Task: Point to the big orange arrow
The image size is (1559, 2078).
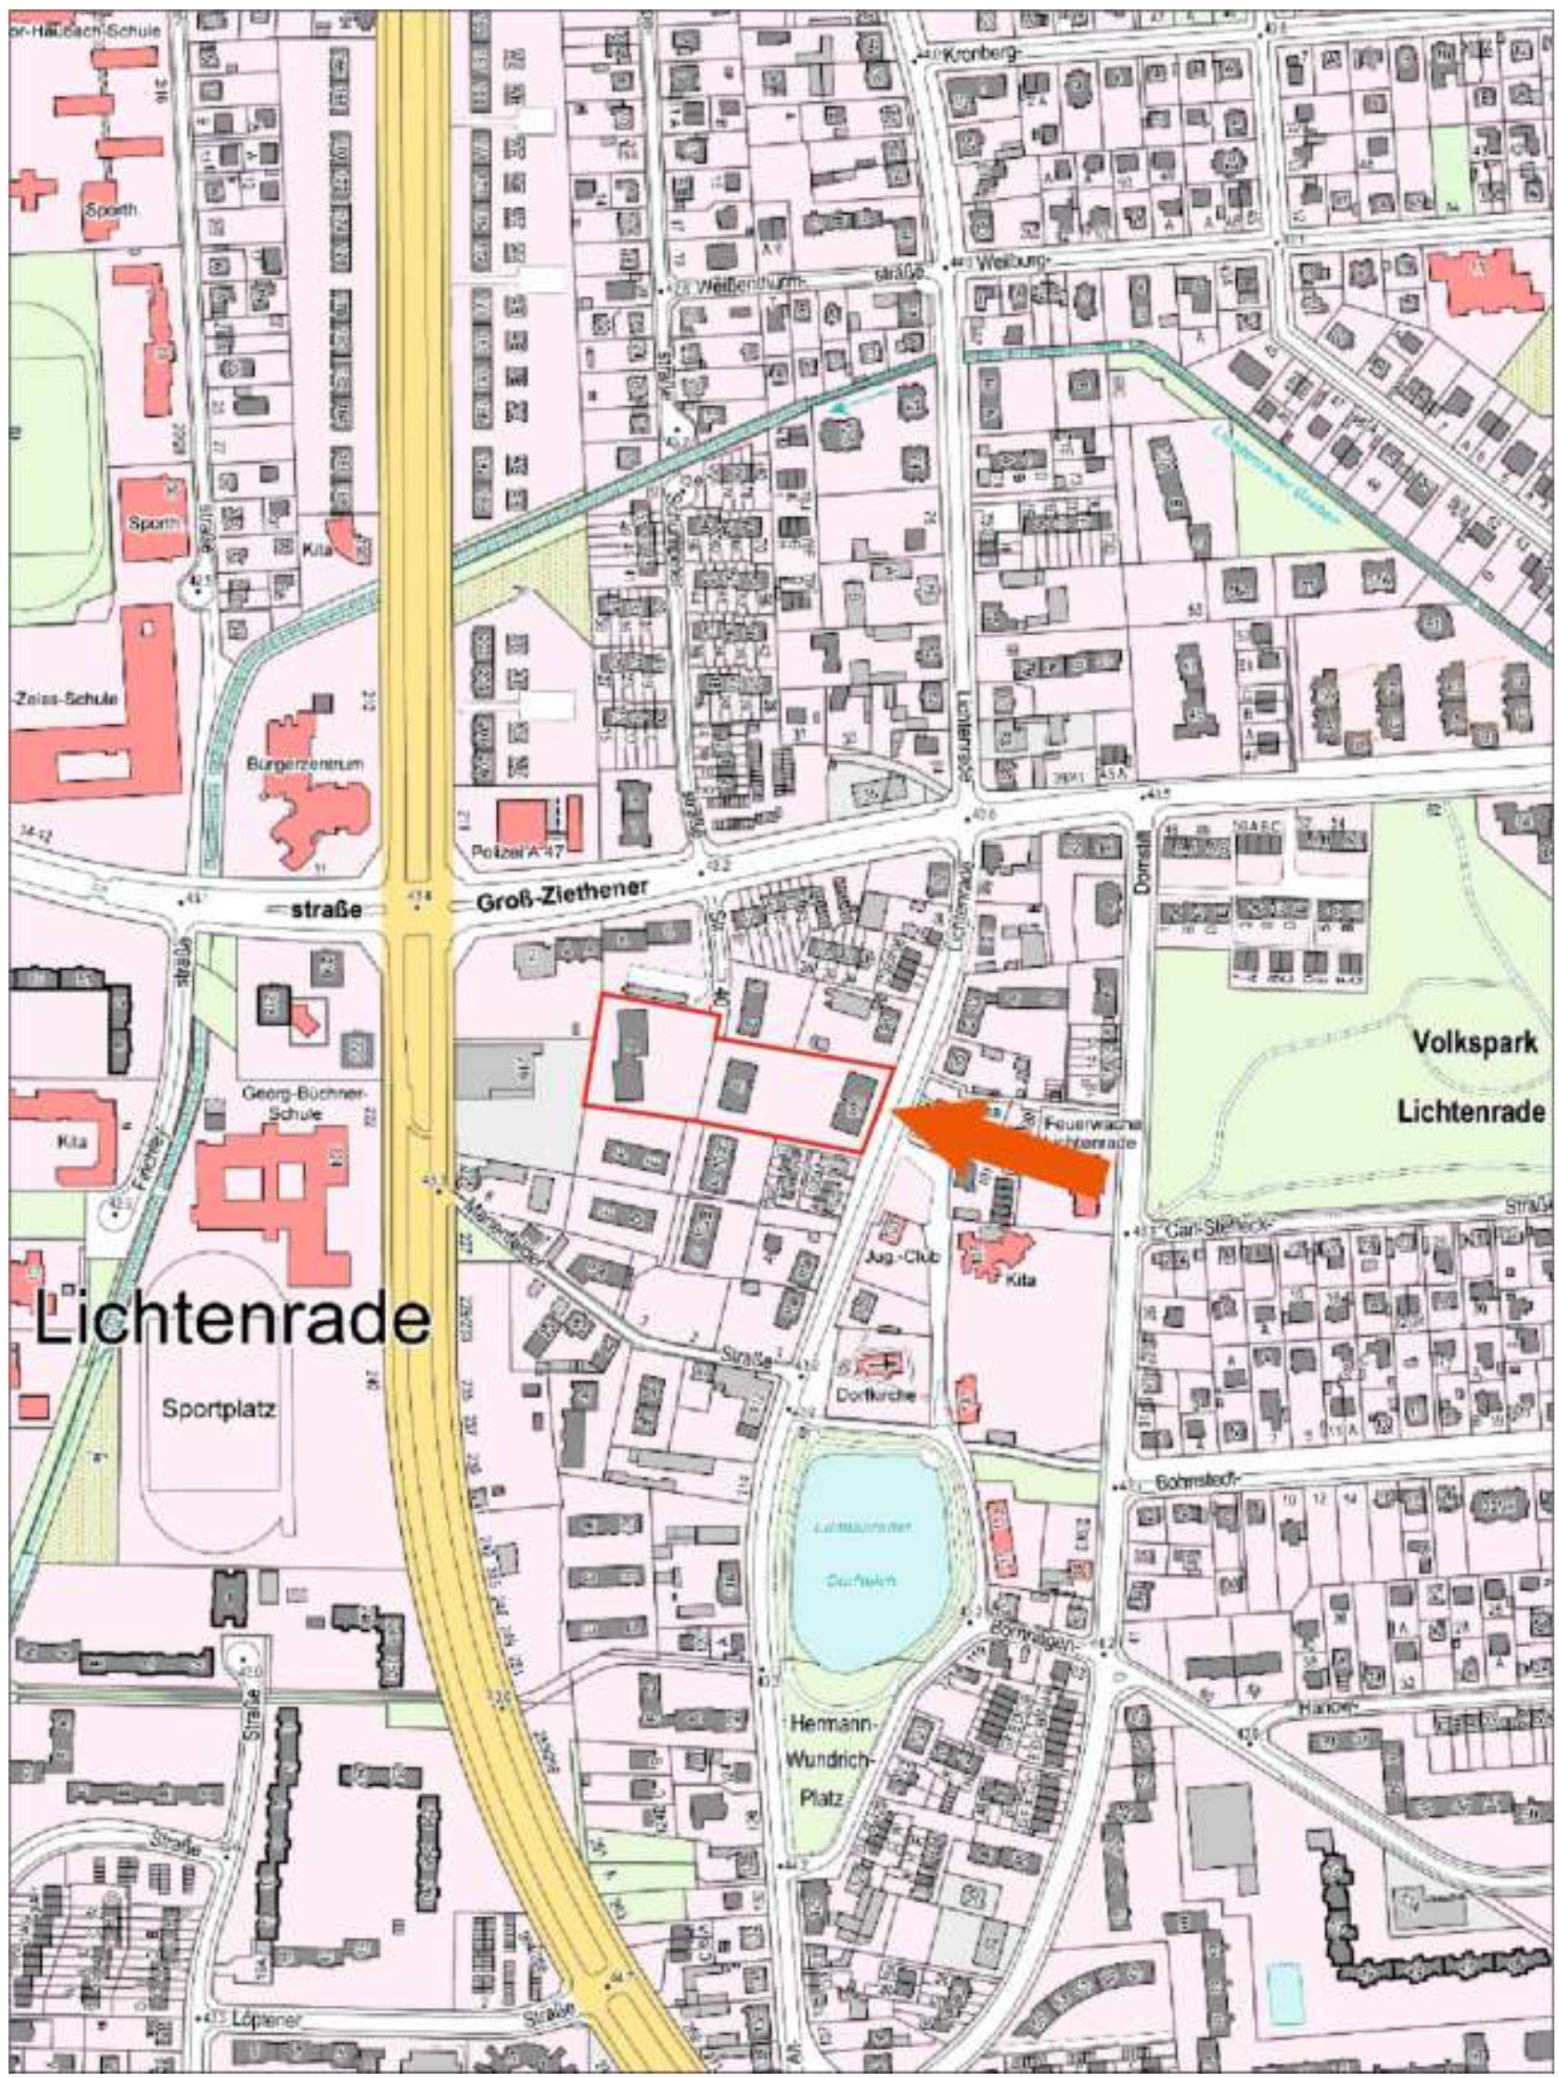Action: tap(1005, 1142)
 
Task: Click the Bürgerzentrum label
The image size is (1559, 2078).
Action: tap(304, 764)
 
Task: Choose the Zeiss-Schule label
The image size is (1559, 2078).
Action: tap(66, 699)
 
